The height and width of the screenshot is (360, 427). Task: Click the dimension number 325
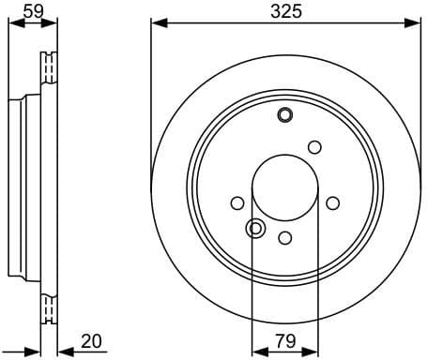coord(285,13)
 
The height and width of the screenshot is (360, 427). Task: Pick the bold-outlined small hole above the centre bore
coord(285,115)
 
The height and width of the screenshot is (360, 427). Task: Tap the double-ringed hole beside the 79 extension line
coord(255,228)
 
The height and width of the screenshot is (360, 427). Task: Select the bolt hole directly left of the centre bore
coord(237,203)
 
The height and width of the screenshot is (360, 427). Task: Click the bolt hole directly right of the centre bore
coord(332,203)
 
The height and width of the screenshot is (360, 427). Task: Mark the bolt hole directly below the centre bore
coord(285,238)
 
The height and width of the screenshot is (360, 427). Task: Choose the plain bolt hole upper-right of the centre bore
coord(314,146)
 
